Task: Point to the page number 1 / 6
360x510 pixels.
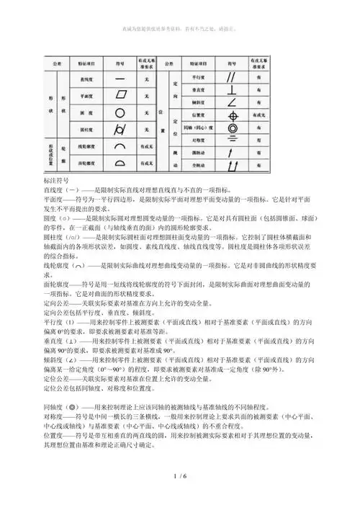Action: pos(179,497)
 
